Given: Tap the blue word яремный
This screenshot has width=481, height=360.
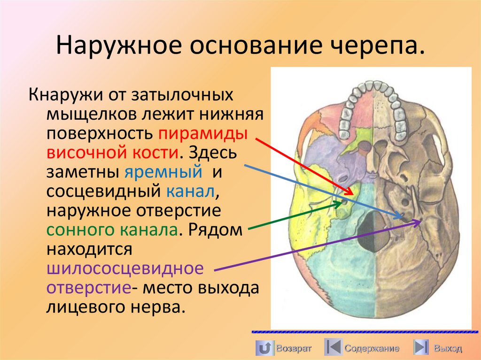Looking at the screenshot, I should click(x=163, y=171).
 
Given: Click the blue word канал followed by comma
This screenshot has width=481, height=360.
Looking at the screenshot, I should click(x=190, y=191).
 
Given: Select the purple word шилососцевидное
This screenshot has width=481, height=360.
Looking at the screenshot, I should click(x=125, y=268).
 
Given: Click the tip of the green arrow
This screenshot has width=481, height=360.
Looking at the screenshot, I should click(x=342, y=203).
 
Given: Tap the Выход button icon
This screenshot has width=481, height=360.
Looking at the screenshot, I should click(x=421, y=348).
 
